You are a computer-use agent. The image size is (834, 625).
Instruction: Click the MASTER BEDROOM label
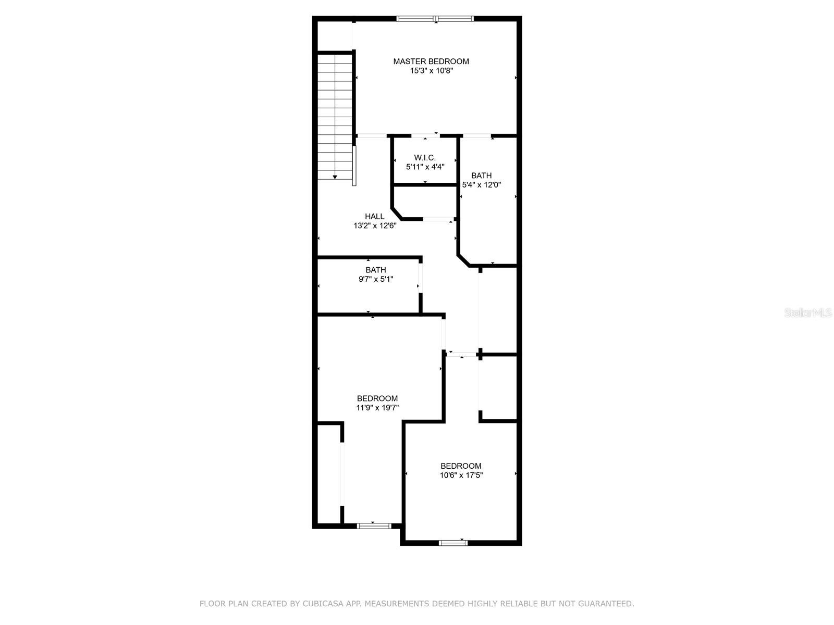[x=431, y=61]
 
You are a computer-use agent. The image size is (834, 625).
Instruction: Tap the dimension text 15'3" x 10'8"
[x=431, y=71]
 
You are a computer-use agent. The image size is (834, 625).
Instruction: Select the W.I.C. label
[x=425, y=157]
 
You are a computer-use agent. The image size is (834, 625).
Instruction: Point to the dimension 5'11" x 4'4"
[x=425, y=167]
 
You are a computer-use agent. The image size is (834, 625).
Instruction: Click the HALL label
[x=375, y=216]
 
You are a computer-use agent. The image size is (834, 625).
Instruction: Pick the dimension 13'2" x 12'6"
[x=375, y=226]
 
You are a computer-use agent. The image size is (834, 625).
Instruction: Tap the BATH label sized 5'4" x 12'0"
[x=482, y=176]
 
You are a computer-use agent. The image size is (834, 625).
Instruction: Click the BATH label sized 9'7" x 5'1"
[x=376, y=270]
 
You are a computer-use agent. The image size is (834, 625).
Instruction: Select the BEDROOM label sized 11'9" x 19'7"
[x=377, y=398]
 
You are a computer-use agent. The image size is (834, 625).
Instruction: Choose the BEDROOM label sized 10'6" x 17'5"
[x=461, y=466]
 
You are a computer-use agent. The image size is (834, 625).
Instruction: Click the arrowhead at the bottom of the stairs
[x=335, y=177]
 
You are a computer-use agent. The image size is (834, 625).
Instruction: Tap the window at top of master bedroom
[x=435, y=18]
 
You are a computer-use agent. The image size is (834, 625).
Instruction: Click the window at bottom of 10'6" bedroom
[x=453, y=543]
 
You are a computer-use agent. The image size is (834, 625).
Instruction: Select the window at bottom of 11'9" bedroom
[x=374, y=526]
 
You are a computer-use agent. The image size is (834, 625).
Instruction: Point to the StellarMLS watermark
[x=808, y=312]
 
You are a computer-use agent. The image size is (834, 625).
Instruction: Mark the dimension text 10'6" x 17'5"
[x=461, y=475]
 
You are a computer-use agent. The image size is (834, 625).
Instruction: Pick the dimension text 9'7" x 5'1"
[x=376, y=279]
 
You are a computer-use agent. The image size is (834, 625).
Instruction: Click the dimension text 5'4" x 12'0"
[x=482, y=185]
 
